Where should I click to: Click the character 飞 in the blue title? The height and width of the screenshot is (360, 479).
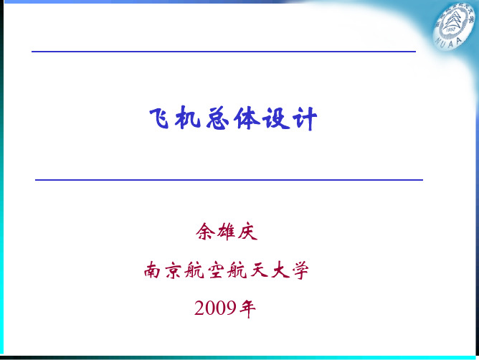coord(159,118)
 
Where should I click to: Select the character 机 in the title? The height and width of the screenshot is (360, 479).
coord(188,118)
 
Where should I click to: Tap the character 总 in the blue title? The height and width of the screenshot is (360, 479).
coord(217,118)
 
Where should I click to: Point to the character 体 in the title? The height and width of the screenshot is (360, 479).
coord(247,118)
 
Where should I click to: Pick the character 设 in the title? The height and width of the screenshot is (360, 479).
coord(276,118)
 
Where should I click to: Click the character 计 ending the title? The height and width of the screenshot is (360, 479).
coord(304,119)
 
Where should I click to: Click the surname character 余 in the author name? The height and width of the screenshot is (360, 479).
coord(205,232)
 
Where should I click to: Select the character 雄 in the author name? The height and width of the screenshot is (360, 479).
coord(227,232)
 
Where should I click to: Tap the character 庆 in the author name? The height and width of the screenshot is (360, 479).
coord(247,232)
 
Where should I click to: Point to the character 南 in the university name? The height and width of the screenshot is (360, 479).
coord(152,270)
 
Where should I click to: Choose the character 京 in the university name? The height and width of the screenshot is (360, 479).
coord(174,270)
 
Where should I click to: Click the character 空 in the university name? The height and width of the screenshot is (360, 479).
coord(216,270)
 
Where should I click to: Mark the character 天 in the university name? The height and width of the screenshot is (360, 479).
coord(259,270)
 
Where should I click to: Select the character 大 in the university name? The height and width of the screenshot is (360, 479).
coord(280,270)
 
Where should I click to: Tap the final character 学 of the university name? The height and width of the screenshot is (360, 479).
coord(300,270)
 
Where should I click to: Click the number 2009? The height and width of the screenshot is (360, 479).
coord(215,308)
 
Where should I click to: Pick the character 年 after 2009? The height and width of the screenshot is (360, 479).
coord(247,308)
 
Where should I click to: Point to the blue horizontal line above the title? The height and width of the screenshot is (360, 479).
coord(224,52)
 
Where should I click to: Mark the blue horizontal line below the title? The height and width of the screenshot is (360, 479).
coord(229,180)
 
